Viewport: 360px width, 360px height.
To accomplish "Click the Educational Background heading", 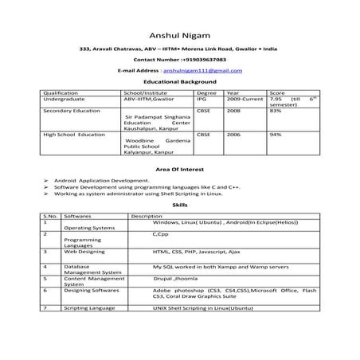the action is pyautogui.click(x=179, y=82).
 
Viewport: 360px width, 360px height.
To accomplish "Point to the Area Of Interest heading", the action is pyautogui.click(x=179, y=170).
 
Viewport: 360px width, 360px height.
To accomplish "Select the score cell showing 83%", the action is pyautogui.click(x=276, y=111).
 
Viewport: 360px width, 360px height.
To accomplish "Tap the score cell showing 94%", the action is pyautogui.click(x=276, y=135).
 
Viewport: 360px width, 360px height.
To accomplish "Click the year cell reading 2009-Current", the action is pyautogui.click(x=245, y=99).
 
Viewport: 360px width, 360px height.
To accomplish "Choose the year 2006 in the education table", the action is pyautogui.click(x=233, y=135).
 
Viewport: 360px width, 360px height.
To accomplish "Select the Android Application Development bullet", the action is pyautogui.click(x=96, y=181).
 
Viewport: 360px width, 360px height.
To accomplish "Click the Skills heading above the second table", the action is pyautogui.click(x=179, y=205).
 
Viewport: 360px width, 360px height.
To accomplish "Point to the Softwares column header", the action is pyautogui.click(x=78, y=216).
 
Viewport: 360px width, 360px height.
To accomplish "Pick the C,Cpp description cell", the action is pyautogui.click(x=160, y=234).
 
